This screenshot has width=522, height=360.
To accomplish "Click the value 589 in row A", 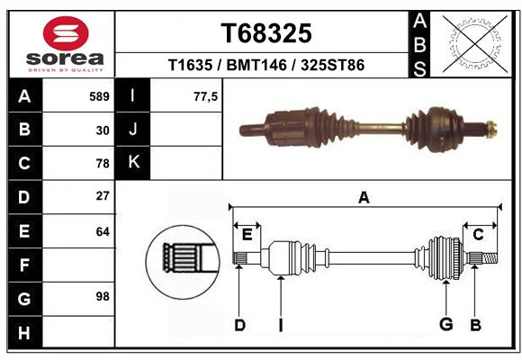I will point(99,96).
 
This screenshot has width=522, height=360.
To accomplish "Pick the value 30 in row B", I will point(103,130).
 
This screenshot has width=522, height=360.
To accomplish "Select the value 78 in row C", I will point(103,164).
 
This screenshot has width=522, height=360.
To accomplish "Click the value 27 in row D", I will point(103,196).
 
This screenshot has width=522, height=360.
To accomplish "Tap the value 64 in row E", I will point(103,231).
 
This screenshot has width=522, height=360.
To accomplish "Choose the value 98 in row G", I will point(103,296).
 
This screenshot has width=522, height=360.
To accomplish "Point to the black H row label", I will point(24,334).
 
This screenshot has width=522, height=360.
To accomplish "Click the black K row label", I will point(133,163).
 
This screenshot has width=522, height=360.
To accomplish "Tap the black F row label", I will point(24,265).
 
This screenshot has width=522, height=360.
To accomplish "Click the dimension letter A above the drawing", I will point(364,197).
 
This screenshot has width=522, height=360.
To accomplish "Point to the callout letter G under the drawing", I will point(445,324).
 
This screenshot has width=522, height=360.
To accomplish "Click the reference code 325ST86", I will point(332,66).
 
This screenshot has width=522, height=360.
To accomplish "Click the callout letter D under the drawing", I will point(239,325).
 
